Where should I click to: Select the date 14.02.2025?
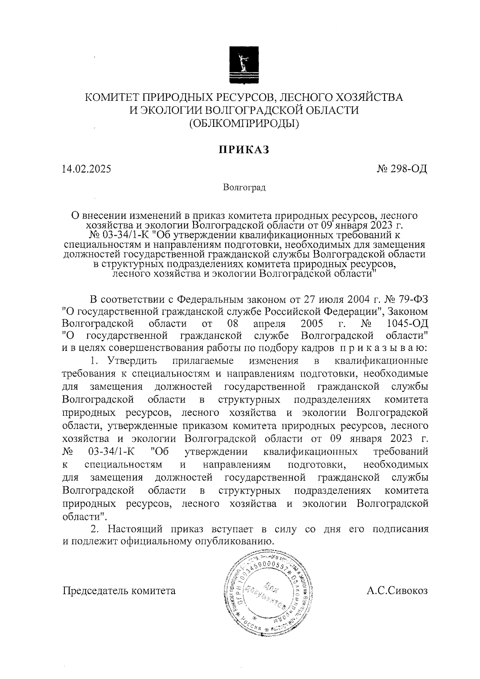[x=86, y=169]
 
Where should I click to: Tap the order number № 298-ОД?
[x=402, y=169]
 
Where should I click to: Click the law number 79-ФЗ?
[x=414, y=299]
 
